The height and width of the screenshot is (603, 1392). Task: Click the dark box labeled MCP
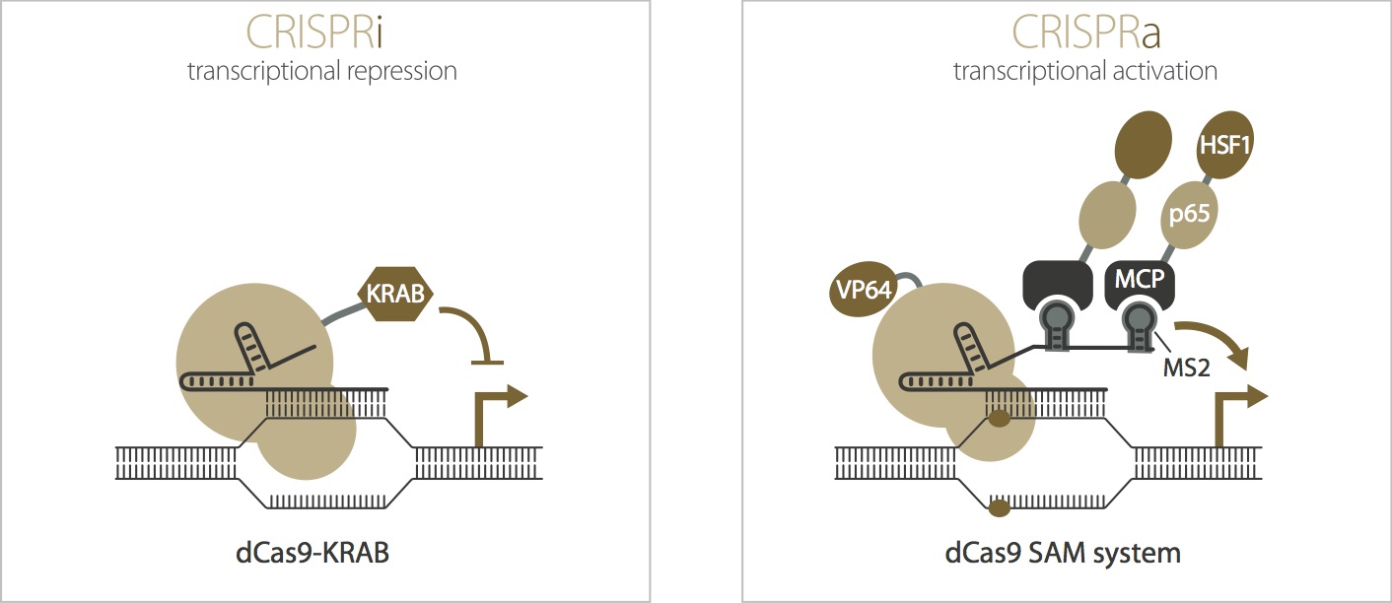click(1139, 279)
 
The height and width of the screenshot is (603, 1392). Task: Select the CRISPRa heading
click(1084, 32)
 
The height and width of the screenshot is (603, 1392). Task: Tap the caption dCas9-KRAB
click(322, 552)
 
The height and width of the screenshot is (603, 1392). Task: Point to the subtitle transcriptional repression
click(322, 72)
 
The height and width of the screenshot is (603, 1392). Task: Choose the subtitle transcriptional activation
click(1084, 72)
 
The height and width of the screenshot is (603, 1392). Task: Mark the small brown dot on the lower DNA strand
click(999, 508)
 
